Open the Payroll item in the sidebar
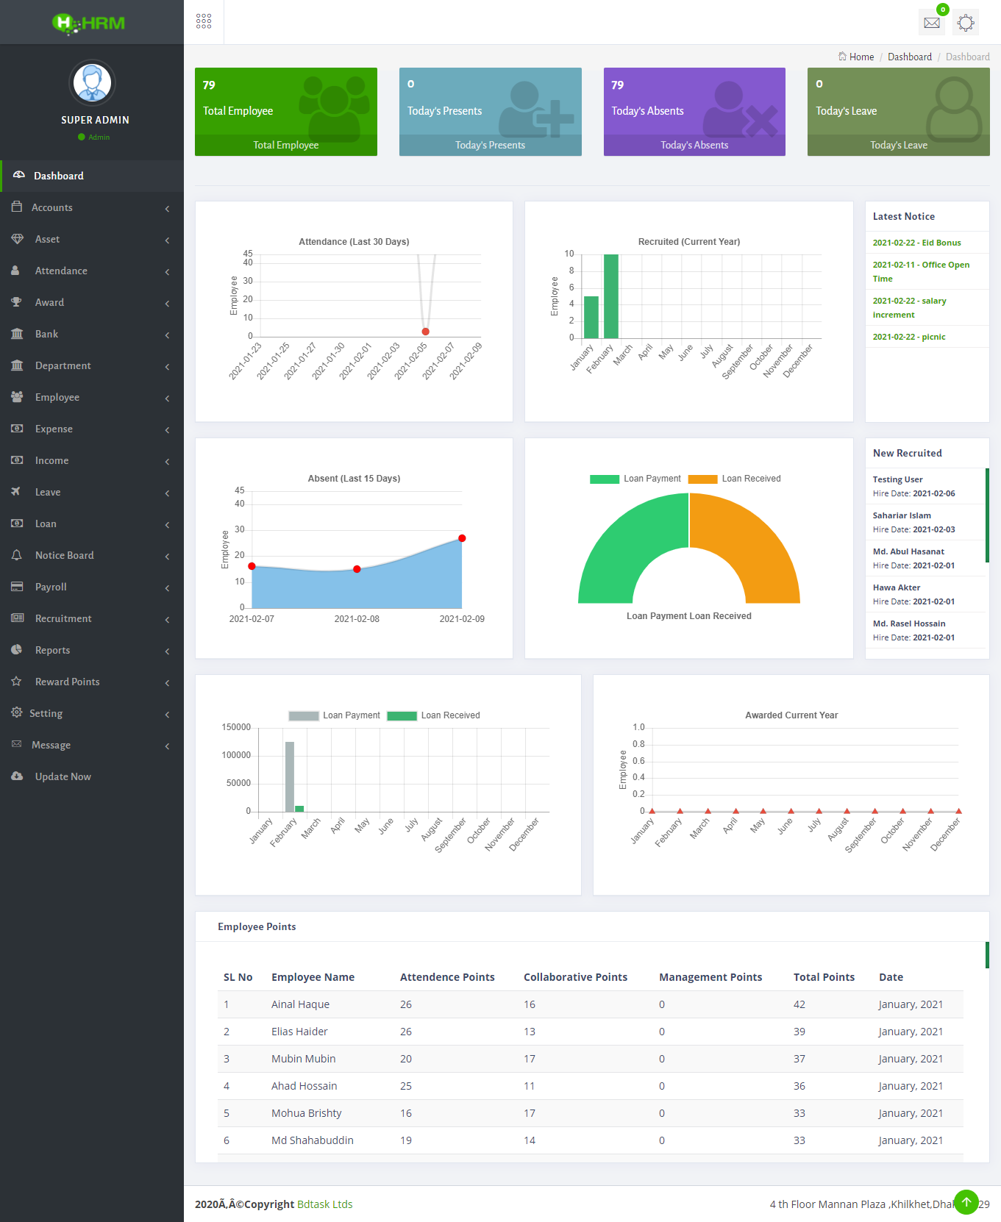(51, 587)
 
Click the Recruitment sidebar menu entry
(63, 618)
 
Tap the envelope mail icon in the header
(932, 23)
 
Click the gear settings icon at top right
(966, 23)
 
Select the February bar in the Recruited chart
(610, 296)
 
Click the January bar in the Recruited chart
(591, 317)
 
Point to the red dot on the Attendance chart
(425, 332)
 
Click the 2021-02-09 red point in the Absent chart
(462, 538)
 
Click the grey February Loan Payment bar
(290, 776)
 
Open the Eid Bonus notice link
(916, 243)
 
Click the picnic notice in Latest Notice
(909, 337)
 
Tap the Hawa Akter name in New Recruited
(897, 587)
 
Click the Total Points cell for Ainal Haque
(799, 1004)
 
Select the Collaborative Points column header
(575, 977)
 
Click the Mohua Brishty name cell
(306, 1113)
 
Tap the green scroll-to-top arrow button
(966, 1201)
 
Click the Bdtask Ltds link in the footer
(324, 1204)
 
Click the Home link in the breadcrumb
(861, 57)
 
